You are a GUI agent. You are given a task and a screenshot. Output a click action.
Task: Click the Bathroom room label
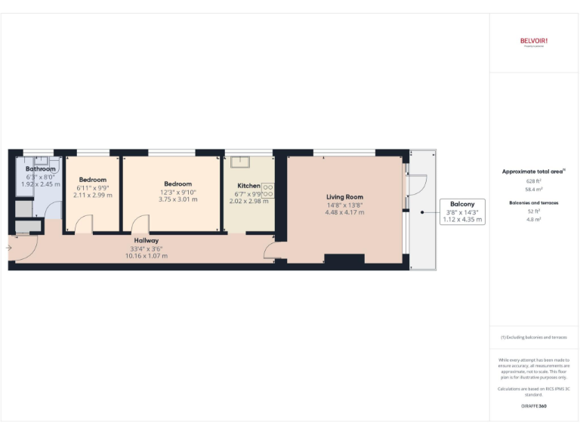pos(41,169)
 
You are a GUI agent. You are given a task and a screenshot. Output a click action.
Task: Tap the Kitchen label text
pos(248,186)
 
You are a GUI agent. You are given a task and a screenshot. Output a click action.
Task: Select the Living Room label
pos(344,196)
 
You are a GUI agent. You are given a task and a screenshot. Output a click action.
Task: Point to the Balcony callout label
pos(462,205)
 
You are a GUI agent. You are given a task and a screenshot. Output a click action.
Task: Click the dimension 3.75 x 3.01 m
pos(178,199)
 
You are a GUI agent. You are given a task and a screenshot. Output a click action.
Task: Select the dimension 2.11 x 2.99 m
pos(92,195)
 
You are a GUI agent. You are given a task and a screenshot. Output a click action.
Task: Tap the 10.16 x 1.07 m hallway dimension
pos(148,256)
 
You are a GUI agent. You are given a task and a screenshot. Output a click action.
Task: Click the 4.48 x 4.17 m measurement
pos(345,212)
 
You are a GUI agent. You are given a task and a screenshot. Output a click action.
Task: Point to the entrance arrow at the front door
pos(10,247)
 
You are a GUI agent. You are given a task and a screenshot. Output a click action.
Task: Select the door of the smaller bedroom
pos(83,224)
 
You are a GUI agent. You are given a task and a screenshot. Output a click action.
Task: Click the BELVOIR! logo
pos(533,41)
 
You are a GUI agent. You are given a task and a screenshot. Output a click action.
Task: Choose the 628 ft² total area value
pos(534,182)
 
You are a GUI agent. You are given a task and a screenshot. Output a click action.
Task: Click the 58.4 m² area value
pos(534,191)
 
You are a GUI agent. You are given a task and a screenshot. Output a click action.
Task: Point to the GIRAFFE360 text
pos(534,406)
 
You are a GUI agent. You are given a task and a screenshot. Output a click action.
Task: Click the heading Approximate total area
pos(532,171)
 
